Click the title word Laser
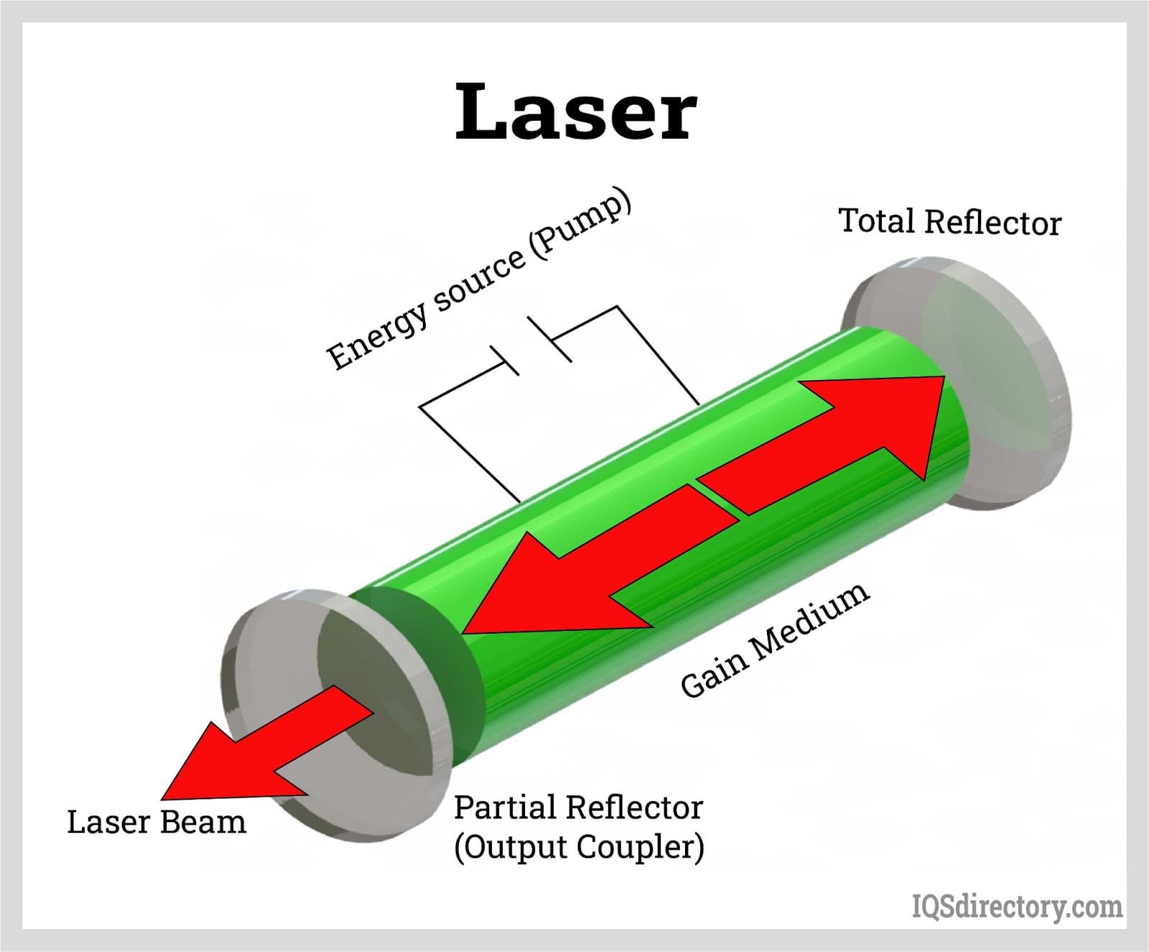[576, 111]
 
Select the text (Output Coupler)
[579, 846]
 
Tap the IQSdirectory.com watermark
[1017, 907]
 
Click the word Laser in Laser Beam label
[108, 822]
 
